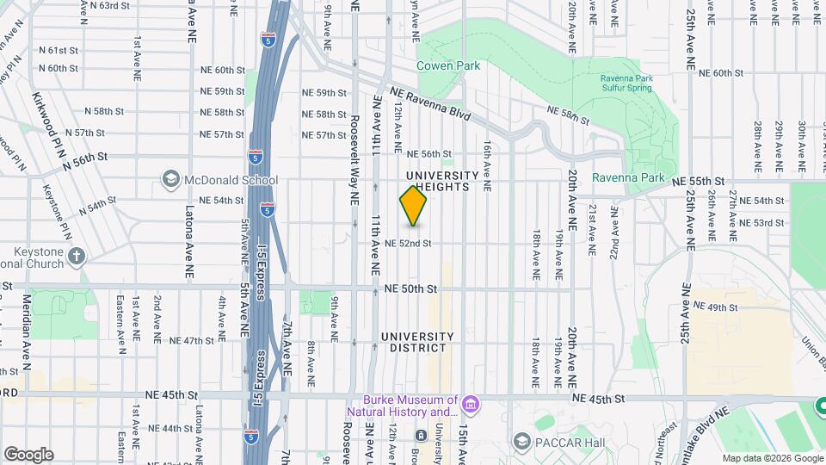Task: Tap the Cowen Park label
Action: tap(448, 65)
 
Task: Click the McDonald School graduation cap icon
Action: tap(170, 179)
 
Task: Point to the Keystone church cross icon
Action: tap(77, 255)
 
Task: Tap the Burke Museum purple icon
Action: tap(470, 404)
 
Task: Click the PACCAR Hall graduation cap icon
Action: tap(521, 442)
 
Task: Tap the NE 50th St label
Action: tap(407, 288)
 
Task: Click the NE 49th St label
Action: tap(716, 307)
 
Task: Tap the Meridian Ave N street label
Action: tap(26, 320)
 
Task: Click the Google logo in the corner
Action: tap(28, 454)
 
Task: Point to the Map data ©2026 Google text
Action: tap(771, 458)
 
